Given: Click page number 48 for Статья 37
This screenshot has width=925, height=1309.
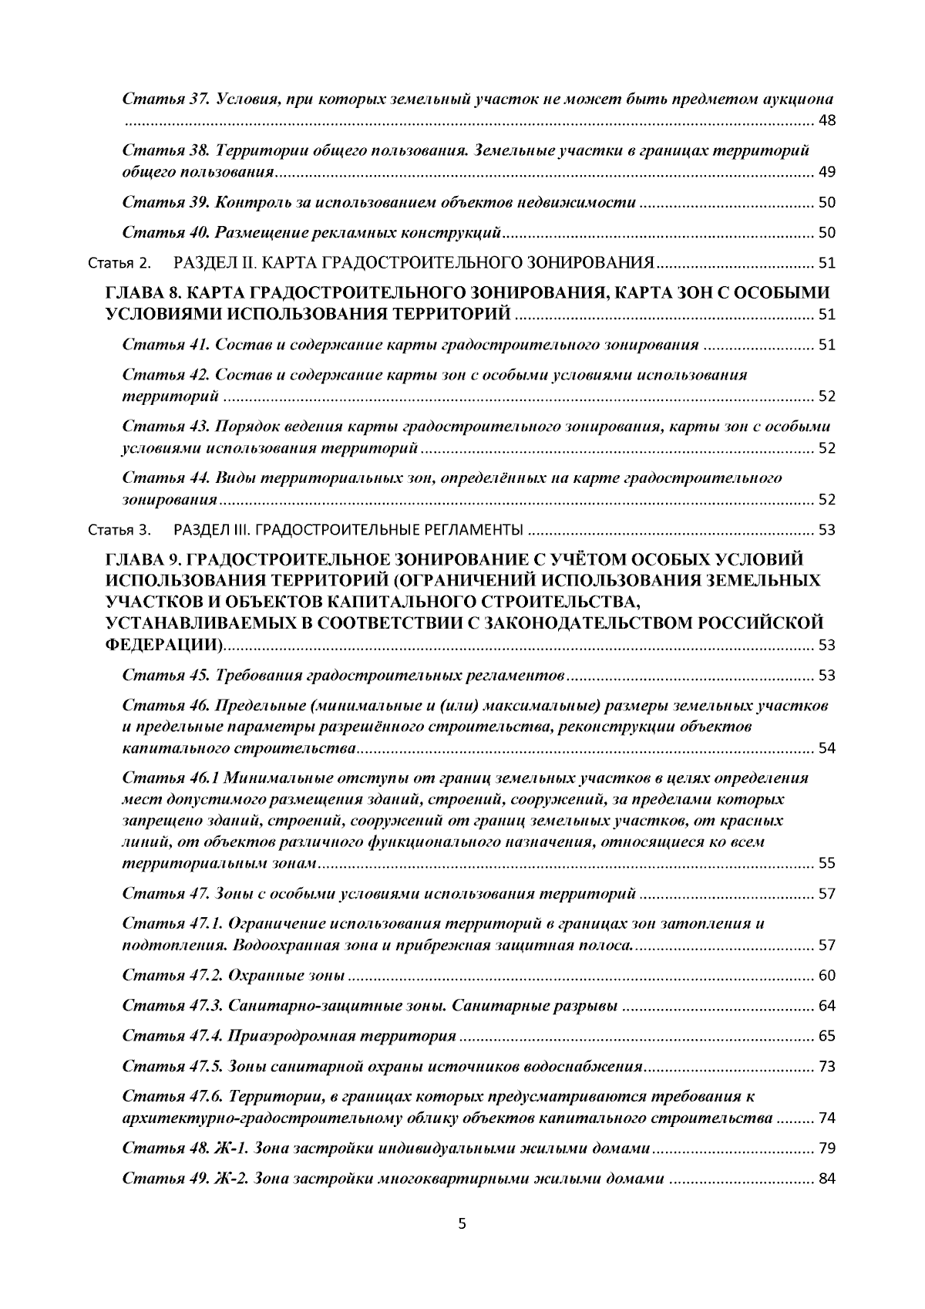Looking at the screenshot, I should tap(826, 121).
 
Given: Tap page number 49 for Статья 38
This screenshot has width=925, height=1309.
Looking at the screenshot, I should tap(826, 172).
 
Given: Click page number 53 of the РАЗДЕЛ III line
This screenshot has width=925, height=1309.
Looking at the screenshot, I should tap(826, 531).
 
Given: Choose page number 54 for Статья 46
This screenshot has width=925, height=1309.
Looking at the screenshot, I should tap(826, 748).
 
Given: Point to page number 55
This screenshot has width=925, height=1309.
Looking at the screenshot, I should tap(826, 863).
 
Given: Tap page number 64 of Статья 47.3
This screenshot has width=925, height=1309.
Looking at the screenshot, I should tap(826, 1007).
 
